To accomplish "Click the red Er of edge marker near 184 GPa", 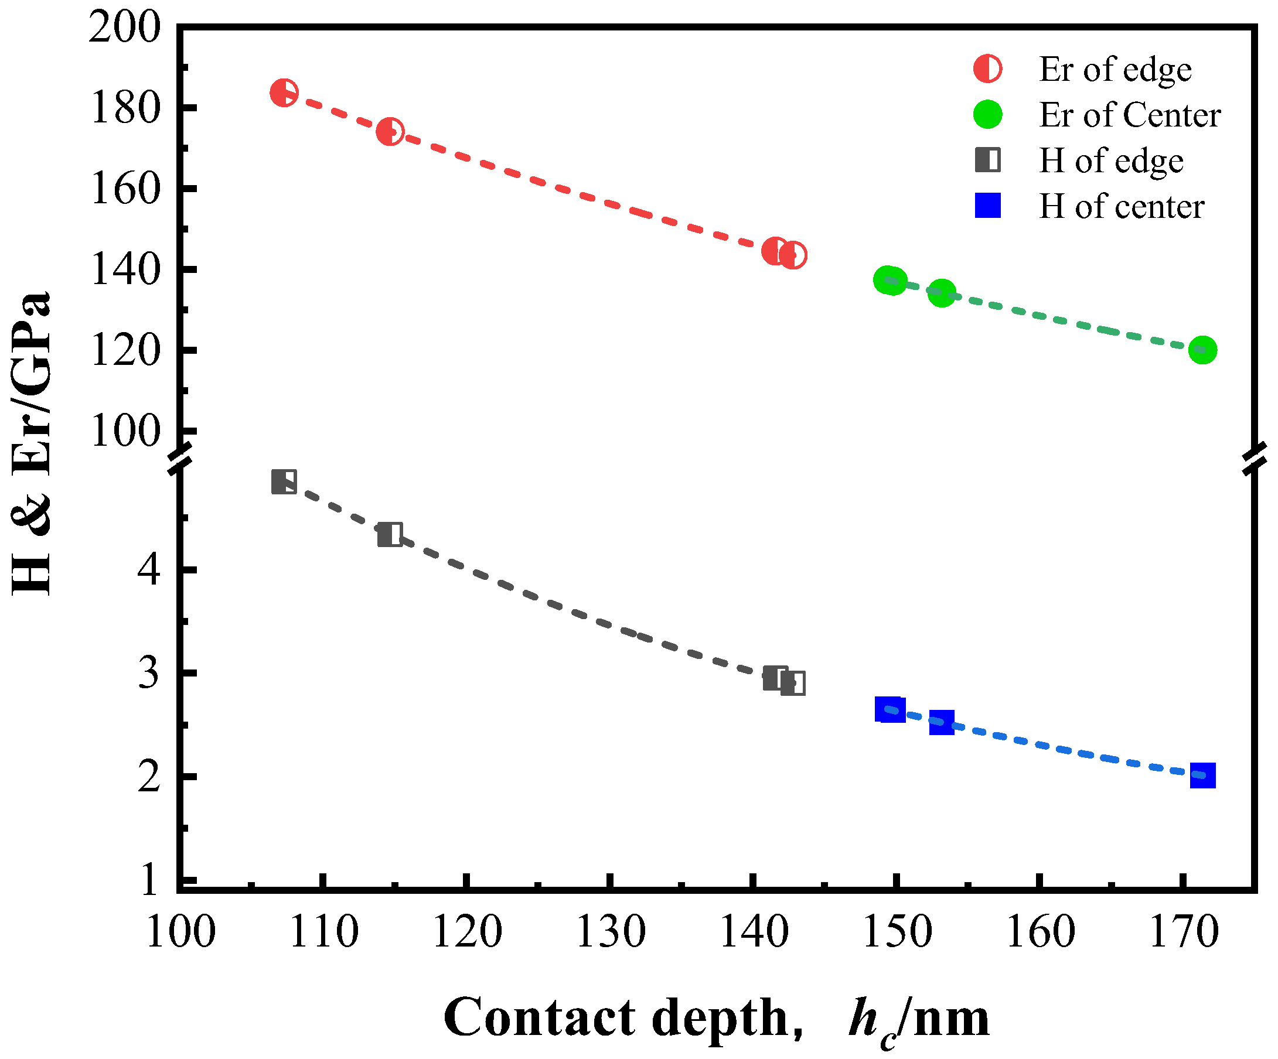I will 284,93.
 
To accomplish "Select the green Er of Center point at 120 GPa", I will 1202,350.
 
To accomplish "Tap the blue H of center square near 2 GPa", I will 1202,776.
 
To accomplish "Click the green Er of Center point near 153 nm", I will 942,293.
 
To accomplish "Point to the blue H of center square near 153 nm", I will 942,723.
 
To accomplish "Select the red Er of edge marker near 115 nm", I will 390,131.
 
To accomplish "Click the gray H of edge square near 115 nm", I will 390,535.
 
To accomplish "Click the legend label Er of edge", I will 1115,69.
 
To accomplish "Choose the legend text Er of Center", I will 1129,115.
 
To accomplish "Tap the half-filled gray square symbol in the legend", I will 987,160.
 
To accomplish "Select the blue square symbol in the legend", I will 987,206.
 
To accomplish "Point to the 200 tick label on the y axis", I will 125,28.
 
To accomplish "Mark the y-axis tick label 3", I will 148,673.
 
